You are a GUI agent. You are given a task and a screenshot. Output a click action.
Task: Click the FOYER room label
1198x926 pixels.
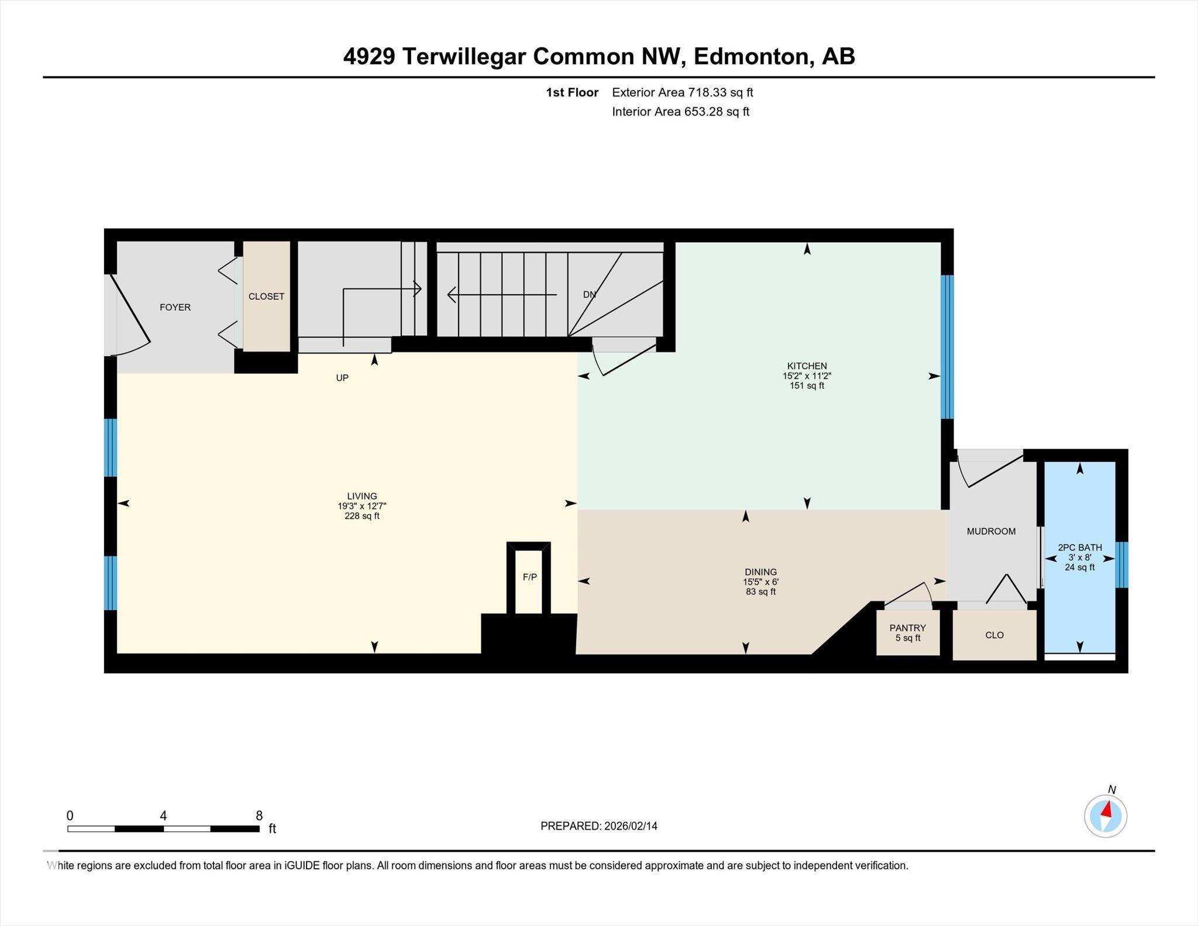click(x=175, y=307)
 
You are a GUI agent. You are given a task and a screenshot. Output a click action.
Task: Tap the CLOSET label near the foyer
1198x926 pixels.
click(x=266, y=297)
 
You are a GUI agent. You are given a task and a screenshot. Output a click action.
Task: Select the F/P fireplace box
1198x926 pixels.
click(x=529, y=577)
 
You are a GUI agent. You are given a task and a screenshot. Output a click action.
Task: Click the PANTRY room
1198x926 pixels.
click(x=907, y=632)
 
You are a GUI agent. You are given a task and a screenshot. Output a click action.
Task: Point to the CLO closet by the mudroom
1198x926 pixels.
click(x=994, y=635)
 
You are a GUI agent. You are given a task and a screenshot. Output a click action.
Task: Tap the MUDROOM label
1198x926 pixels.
click(x=991, y=531)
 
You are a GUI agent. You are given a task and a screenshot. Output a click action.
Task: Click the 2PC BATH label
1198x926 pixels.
click(x=1079, y=548)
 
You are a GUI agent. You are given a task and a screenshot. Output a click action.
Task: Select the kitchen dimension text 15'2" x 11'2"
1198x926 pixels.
click(x=807, y=376)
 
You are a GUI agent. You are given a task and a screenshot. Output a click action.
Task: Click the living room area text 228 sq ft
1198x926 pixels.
click(x=362, y=516)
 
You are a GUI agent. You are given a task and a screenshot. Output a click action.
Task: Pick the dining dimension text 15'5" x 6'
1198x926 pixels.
click(x=760, y=582)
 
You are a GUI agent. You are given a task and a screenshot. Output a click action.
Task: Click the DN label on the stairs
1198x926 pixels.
click(x=589, y=295)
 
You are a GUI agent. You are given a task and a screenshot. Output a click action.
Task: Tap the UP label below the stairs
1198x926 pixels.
click(x=342, y=378)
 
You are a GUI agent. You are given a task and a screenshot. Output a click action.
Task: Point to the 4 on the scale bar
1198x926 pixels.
click(x=163, y=815)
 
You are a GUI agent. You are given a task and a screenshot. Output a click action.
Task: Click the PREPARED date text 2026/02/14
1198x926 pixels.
click(x=631, y=826)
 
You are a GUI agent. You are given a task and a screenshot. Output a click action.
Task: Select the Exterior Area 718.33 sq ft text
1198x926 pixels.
click(x=682, y=92)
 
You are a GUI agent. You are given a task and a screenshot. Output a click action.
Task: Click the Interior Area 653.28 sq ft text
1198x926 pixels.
click(x=680, y=112)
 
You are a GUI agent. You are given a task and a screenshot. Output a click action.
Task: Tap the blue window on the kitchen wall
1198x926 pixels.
click(x=946, y=347)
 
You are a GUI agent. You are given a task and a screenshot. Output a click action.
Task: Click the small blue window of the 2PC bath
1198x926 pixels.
click(x=1121, y=564)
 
